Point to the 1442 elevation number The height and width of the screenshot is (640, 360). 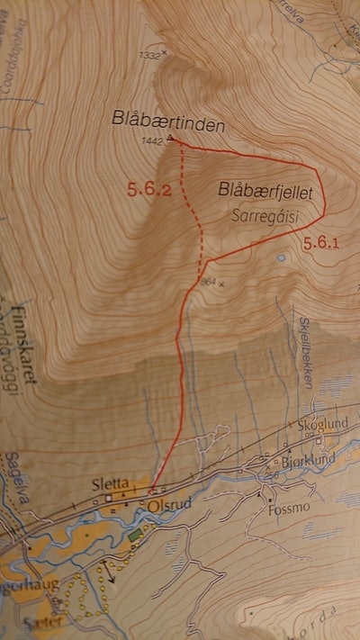tap(153, 142)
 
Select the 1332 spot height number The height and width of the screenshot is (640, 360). tap(149, 55)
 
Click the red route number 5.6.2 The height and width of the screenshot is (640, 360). tap(148, 189)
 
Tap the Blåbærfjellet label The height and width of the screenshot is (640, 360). tap(269, 191)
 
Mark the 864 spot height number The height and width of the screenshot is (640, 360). tap(211, 282)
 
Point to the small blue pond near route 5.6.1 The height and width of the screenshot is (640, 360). tap(282, 258)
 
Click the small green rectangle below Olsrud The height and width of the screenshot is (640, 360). tap(136, 536)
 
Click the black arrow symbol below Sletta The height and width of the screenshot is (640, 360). tap(111, 573)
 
